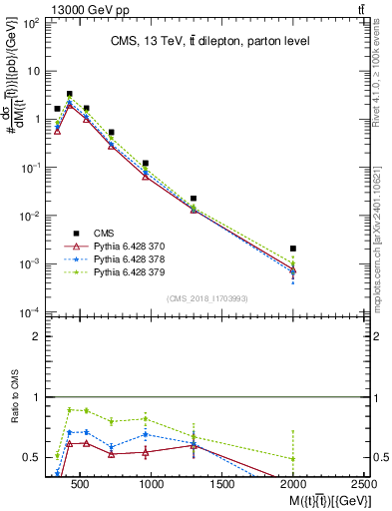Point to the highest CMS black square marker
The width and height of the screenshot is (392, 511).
click(69, 94)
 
